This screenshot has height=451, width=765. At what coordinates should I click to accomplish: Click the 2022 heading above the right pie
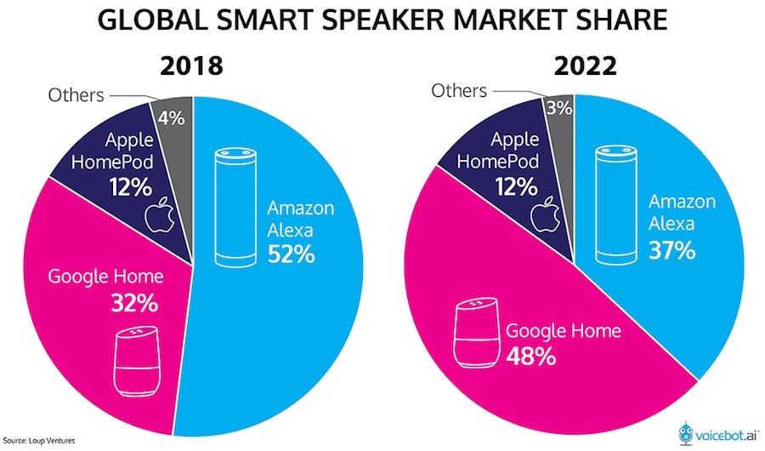coord(575,66)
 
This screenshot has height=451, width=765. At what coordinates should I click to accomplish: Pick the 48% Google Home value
coord(532,355)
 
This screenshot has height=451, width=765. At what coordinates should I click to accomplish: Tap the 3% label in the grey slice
coord(558,108)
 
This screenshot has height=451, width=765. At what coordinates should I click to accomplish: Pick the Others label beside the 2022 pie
coord(459,89)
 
